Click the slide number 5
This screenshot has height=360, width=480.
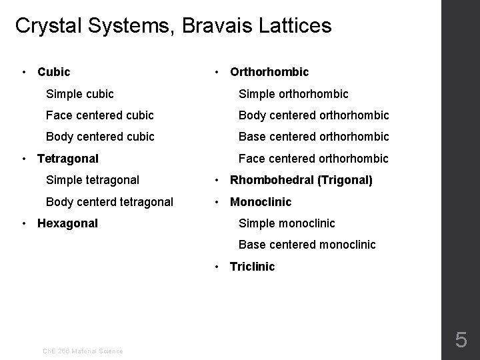point(461,341)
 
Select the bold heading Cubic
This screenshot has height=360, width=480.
point(53,71)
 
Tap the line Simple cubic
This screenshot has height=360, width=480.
point(79,94)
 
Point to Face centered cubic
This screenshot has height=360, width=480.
point(99,115)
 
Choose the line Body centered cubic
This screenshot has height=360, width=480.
point(100,137)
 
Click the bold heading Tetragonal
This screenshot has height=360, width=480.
point(67,159)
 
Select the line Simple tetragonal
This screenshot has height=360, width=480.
point(92,180)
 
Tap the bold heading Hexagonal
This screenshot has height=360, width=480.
point(67,223)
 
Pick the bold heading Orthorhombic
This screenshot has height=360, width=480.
point(269,71)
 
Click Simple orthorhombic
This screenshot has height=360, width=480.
point(293,94)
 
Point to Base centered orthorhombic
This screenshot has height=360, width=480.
point(313,137)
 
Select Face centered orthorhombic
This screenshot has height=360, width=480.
point(313,159)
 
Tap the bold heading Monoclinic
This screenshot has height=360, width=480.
point(261,202)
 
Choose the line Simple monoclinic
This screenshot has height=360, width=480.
point(287,223)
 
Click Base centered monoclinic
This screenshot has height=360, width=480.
point(307,245)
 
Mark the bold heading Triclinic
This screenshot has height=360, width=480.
point(252,267)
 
